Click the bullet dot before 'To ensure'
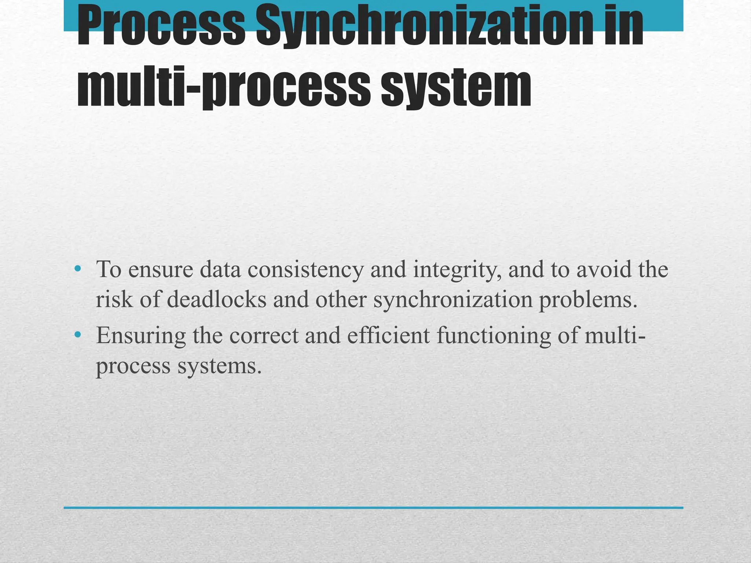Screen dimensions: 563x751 [x=77, y=269]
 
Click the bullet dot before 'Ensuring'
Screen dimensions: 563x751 [x=77, y=335]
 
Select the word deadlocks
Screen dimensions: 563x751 [x=216, y=299]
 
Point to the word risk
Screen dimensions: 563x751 [x=114, y=299]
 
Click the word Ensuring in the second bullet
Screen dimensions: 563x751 [x=141, y=336]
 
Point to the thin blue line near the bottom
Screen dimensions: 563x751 [x=373, y=508]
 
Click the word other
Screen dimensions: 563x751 [x=341, y=299]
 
